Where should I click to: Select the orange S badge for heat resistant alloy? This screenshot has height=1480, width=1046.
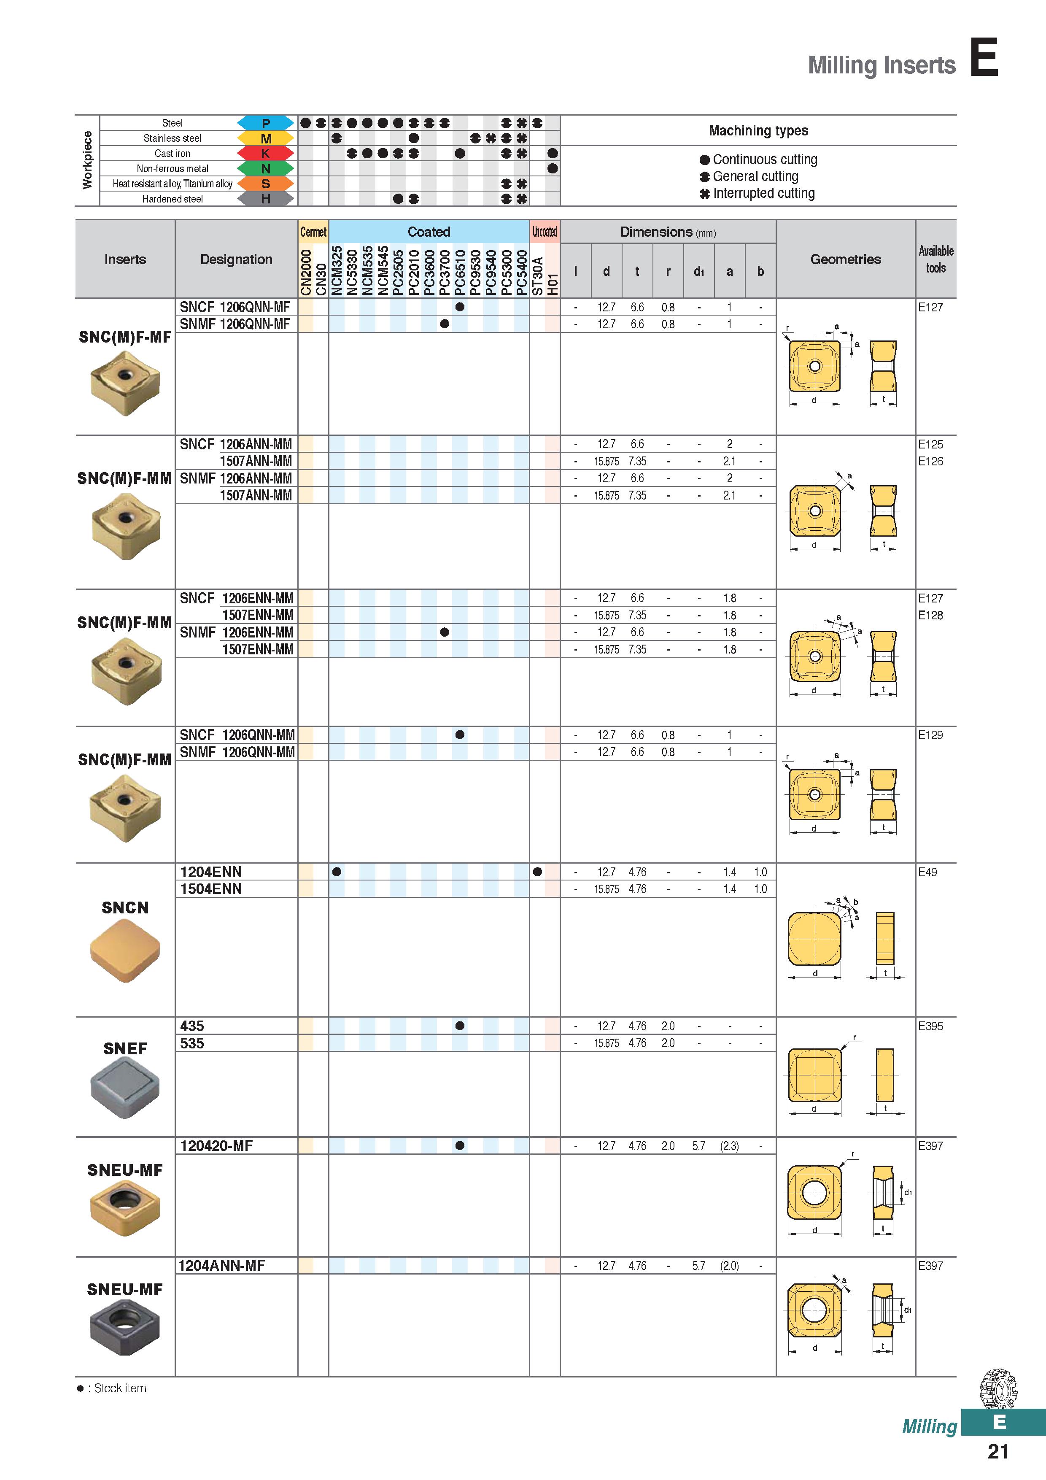[266, 184]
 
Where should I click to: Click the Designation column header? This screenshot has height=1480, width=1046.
[236, 259]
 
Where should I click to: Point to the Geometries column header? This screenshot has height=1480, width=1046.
[846, 259]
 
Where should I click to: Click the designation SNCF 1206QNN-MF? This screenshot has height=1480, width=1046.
[235, 307]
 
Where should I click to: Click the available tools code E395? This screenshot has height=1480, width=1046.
[930, 1026]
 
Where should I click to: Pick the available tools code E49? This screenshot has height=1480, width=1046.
[927, 872]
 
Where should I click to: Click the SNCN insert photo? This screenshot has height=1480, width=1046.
[125, 950]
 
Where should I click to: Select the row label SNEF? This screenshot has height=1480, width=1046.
[125, 1049]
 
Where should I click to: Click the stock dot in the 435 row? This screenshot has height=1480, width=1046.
[459, 1026]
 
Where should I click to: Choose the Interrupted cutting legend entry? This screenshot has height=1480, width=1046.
[757, 193]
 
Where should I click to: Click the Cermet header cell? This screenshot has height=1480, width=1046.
[313, 232]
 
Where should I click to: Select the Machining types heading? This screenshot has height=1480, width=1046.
[758, 131]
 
